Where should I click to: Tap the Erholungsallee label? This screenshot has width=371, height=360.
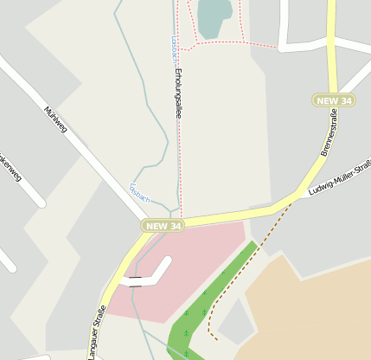coord(177,93)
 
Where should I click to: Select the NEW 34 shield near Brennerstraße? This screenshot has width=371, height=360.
coord(334,101)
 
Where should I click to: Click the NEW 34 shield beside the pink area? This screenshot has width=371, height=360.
coord(163,226)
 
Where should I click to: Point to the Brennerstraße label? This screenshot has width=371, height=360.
coord(329,138)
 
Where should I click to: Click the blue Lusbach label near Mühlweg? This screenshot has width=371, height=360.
coord(139,193)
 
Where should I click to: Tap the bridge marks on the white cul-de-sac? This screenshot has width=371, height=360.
coord(135,280)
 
